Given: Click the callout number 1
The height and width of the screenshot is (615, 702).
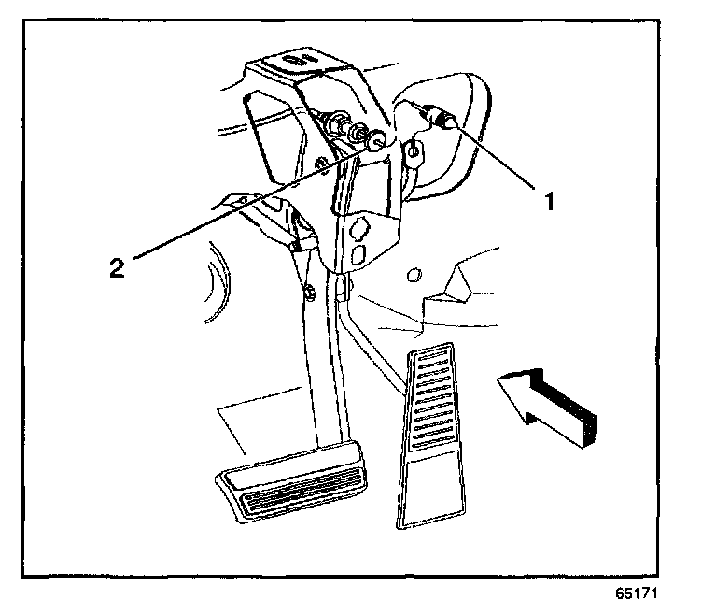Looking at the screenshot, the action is [x=551, y=199].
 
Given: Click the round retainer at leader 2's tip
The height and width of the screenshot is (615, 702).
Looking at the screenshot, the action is [x=372, y=141].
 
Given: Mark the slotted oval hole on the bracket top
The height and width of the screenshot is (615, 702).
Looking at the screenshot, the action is [x=297, y=58].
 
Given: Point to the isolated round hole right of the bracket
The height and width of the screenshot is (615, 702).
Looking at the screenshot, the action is [x=415, y=275].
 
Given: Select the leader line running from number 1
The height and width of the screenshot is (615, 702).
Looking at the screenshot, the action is [x=495, y=154].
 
